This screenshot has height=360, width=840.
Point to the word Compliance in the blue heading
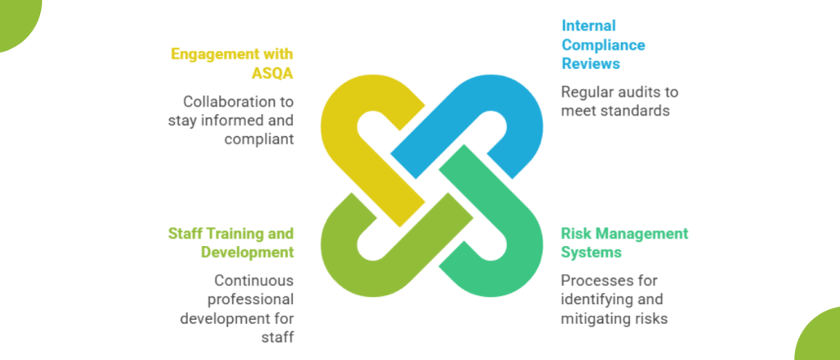tap(602, 44)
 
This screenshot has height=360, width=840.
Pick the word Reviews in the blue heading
tap(591, 63)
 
